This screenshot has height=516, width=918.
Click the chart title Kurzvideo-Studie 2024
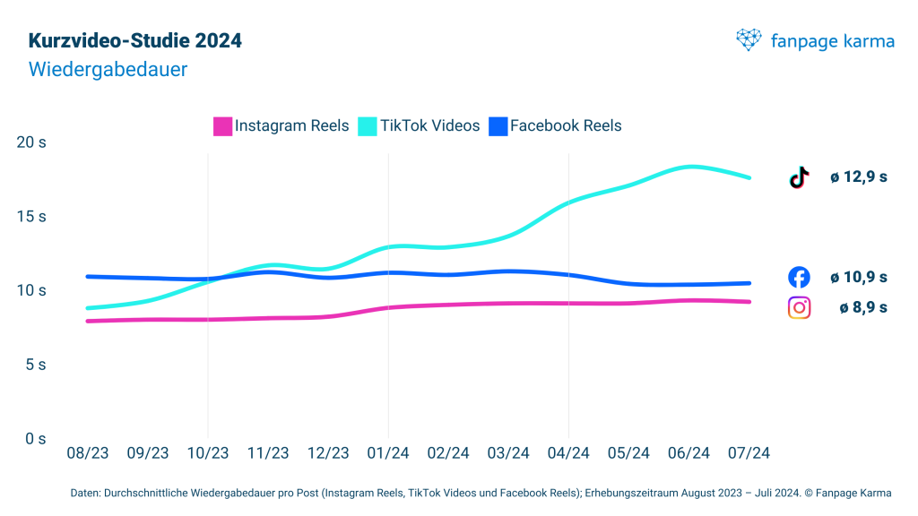click(135, 41)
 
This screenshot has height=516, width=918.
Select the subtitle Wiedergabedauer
click(108, 69)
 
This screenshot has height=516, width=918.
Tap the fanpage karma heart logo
click(749, 40)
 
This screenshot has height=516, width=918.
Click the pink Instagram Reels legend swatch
click(222, 126)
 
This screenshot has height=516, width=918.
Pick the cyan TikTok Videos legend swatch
click(368, 126)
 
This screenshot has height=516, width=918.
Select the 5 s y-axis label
click(35, 365)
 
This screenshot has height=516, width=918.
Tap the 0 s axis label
click(35, 438)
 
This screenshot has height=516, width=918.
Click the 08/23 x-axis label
click(88, 453)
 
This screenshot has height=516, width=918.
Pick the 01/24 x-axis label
click(388, 453)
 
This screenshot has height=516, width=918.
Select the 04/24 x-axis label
click(568, 453)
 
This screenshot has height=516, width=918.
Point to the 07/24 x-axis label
click(749, 453)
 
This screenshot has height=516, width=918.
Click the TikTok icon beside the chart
click(799, 177)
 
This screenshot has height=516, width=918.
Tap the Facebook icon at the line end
click(799, 277)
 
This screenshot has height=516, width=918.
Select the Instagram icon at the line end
click(799, 307)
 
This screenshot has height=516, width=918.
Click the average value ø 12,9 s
click(858, 177)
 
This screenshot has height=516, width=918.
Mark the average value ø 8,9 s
click(863, 307)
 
